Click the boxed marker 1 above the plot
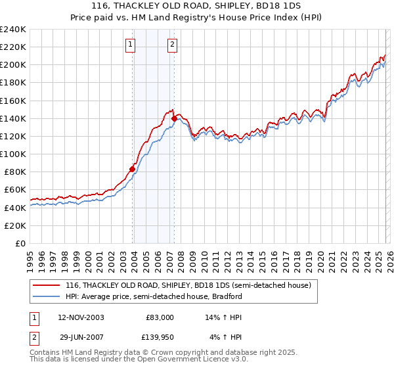pos(130,45)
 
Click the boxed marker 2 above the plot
pos(172,45)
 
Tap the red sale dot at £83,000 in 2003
pos(133,169)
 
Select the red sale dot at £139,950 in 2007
pos(175,118)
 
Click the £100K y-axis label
pos(13,154)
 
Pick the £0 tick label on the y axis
pos(20,243)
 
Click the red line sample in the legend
pos(47,285)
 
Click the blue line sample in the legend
pos(47,296)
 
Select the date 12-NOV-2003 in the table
pos(81,317)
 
